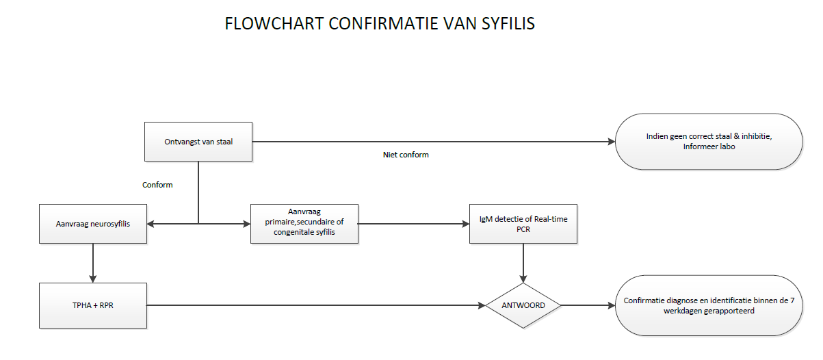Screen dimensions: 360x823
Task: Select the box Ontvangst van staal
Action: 198,142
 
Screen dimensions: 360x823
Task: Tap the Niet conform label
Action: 406,155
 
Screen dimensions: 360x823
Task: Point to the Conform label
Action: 157,185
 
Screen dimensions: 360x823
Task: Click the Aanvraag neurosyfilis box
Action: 93,223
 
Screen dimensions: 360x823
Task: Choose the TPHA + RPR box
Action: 93,305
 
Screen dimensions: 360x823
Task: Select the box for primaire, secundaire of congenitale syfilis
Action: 304,223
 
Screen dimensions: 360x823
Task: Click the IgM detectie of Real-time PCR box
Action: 523,223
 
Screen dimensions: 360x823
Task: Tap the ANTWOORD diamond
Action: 523,305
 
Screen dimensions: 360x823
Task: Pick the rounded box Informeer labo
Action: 708,142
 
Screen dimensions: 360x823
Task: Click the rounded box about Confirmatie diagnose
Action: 708,305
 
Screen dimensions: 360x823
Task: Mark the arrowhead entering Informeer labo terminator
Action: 611,142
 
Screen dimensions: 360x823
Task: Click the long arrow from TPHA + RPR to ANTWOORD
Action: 315,305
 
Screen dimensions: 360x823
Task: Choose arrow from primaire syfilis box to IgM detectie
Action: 413,223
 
